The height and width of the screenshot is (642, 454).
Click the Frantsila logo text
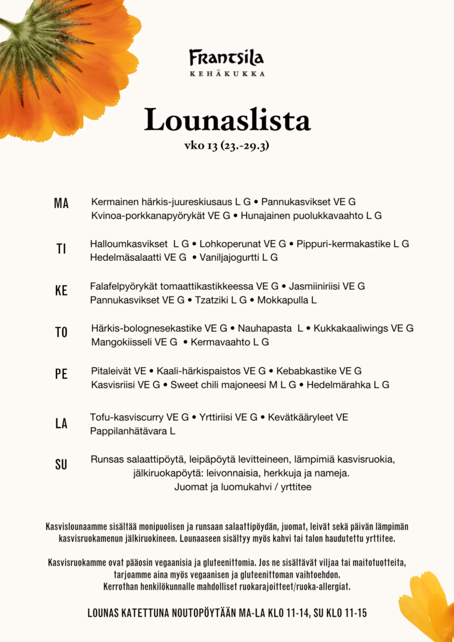pos(226,58)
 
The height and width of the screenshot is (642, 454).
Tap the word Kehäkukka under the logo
pos(226,74)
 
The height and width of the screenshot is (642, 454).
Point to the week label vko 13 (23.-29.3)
pos(227,146)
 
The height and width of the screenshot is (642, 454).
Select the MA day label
pos(61,203)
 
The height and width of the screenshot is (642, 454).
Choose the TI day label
pos(61,249)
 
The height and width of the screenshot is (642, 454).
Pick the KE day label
pos(61,291)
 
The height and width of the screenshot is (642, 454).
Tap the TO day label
pos(61,333)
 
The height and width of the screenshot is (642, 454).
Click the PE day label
pos(61,374)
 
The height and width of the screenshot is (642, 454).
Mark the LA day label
pos(61,424)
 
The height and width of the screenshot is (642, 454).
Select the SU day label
pos(61,465)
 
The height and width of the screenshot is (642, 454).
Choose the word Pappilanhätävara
pos(129,431)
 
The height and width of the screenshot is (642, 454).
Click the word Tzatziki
pos(211,300)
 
